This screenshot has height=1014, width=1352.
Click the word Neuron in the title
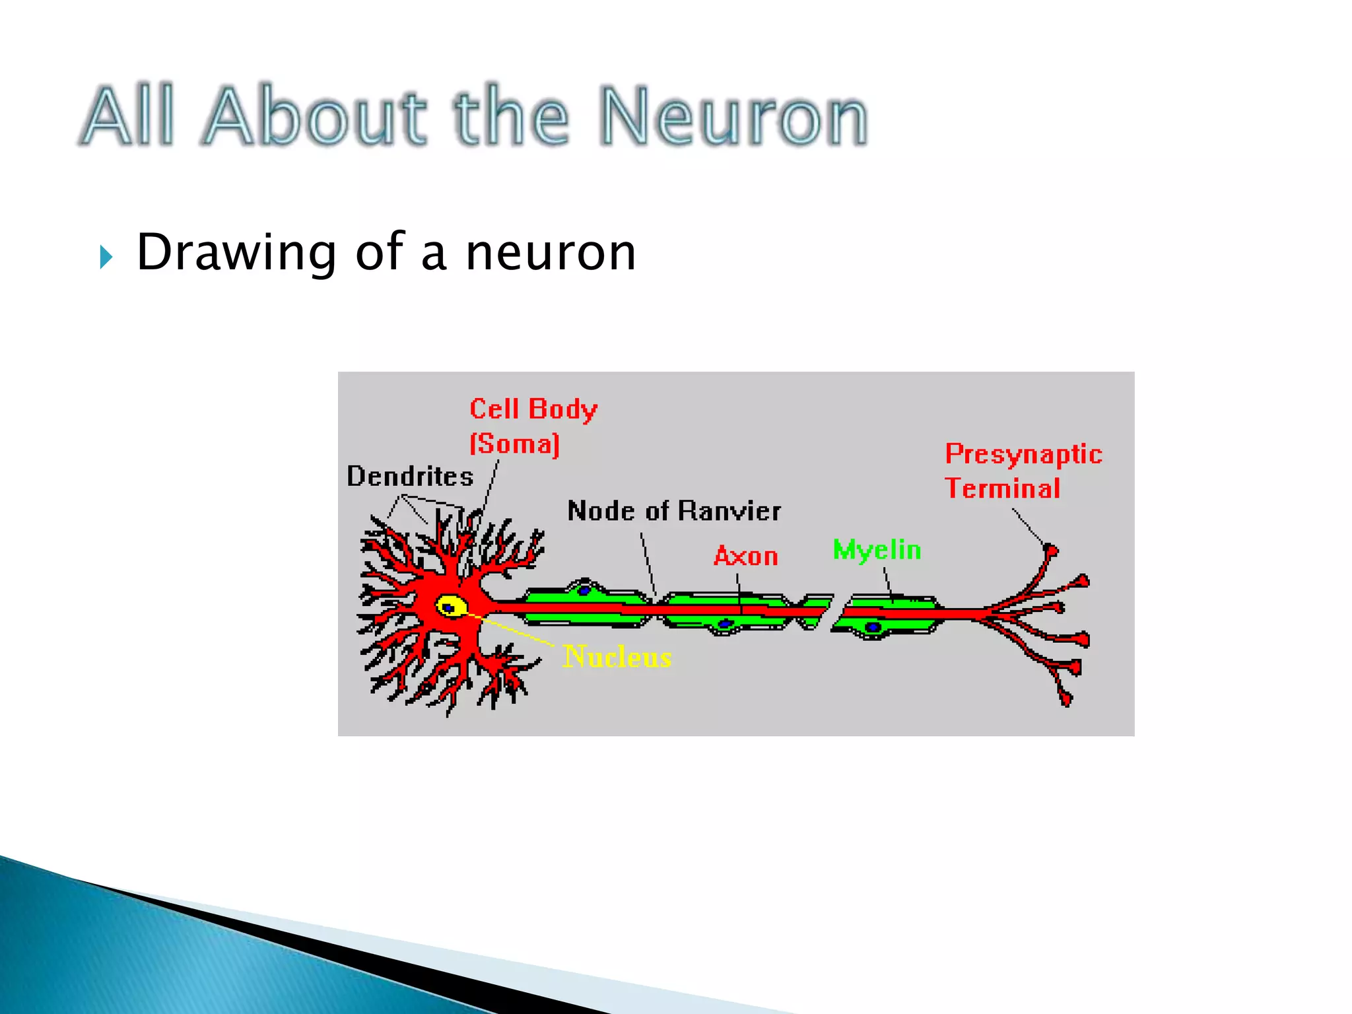tap(733, 117)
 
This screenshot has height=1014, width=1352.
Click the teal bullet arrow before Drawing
tap(106, 257)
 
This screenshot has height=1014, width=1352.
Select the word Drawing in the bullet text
tap(236, 253)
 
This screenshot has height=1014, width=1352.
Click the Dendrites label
tap(410, 477)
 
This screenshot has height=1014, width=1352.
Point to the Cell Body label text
tap(533, 410)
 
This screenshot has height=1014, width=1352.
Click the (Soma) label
tap(514, 444)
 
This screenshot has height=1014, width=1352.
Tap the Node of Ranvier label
tap(674, 511)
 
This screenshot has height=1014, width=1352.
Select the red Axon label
tap(746, 557)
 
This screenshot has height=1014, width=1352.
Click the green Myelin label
tap(877, 550)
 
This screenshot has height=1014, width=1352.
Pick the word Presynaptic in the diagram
tap(1023, 454)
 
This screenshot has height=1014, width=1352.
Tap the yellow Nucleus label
tap(617, 657)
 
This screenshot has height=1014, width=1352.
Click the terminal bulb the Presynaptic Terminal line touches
tap(1050, 549)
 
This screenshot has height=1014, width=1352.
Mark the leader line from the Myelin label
tap(889, 582)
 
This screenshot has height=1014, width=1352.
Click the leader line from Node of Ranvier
tap(648, 564)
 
